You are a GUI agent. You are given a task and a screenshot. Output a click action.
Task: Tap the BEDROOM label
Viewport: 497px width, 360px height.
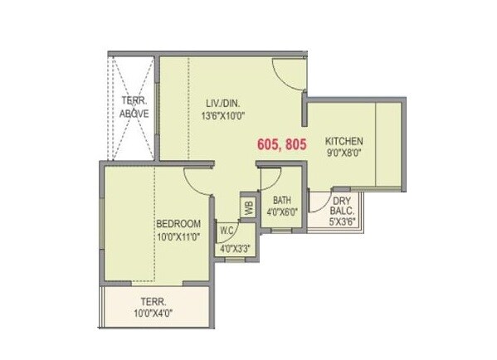click(x=179, y=224)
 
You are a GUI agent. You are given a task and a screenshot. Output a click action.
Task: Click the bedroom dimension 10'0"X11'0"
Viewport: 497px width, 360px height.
click(x=179, y=237)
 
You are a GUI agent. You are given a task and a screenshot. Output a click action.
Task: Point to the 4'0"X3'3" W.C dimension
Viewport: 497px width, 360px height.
click(x=235, y=249)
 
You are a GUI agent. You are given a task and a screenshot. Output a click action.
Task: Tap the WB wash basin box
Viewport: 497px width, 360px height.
click(x=247, y=204)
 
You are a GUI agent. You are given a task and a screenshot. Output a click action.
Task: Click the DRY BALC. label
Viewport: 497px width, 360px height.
click(x=343, y=207)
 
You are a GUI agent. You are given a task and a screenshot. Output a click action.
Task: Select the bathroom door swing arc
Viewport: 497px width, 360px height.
click(x=274, y=180)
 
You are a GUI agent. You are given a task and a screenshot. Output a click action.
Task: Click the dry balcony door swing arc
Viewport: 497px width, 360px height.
click(x=319, y=199)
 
